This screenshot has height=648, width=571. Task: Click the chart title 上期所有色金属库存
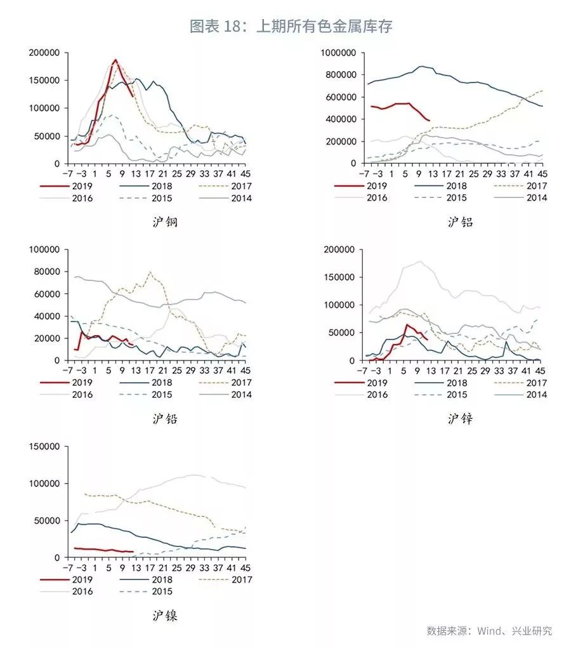[291, 27]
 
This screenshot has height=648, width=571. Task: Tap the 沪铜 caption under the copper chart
[165, 222]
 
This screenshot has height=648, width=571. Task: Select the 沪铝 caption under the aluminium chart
[460, 222]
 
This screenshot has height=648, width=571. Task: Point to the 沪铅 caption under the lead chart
[165, 419]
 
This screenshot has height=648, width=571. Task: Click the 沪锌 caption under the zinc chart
[460, 419]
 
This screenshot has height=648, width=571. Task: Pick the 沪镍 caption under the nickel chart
[165, 616]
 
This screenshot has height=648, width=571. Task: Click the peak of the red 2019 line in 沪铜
[115, 60]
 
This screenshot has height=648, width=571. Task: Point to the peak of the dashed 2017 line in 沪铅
[150, 272]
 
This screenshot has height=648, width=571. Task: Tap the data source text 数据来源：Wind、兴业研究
[489, 631]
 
